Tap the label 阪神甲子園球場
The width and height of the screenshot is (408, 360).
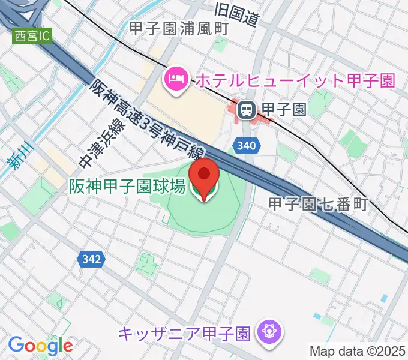[127, 187]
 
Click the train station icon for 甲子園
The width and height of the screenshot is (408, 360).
[245, 109]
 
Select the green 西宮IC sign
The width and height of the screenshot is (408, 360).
[32, 36]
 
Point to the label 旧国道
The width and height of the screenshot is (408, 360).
[236, 14]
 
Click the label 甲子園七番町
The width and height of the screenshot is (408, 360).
[317, 204]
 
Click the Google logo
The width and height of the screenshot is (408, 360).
[40, 346]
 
